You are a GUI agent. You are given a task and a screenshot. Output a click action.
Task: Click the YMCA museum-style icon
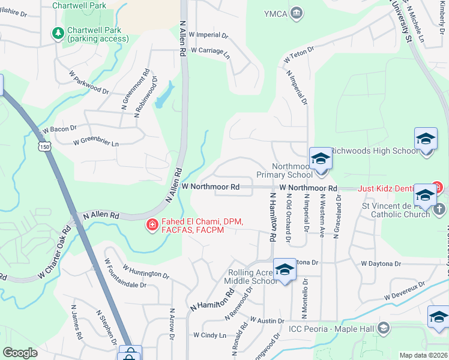tap(296, 14)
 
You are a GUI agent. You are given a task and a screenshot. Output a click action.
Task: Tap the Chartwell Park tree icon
tap(59, 33)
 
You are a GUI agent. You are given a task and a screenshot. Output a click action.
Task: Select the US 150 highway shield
tap(43, 146)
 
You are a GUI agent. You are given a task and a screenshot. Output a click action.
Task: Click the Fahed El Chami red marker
tap(152, 226)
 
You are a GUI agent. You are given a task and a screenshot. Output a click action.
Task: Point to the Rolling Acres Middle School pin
tap(285, 270)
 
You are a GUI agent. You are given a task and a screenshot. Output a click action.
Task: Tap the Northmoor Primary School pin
tap(321, 160)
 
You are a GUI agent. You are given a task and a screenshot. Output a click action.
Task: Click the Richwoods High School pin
tap(426, 139)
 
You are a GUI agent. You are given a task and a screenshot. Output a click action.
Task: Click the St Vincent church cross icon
tap(439, 208)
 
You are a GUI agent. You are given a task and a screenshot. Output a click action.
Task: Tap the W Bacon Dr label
tap(59, 128)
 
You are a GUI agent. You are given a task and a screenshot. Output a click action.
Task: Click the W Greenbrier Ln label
tap(96, 143)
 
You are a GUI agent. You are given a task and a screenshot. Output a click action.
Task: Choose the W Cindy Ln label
tap(209, 335)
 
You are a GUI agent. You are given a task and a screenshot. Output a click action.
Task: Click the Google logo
tap(20, 353)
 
